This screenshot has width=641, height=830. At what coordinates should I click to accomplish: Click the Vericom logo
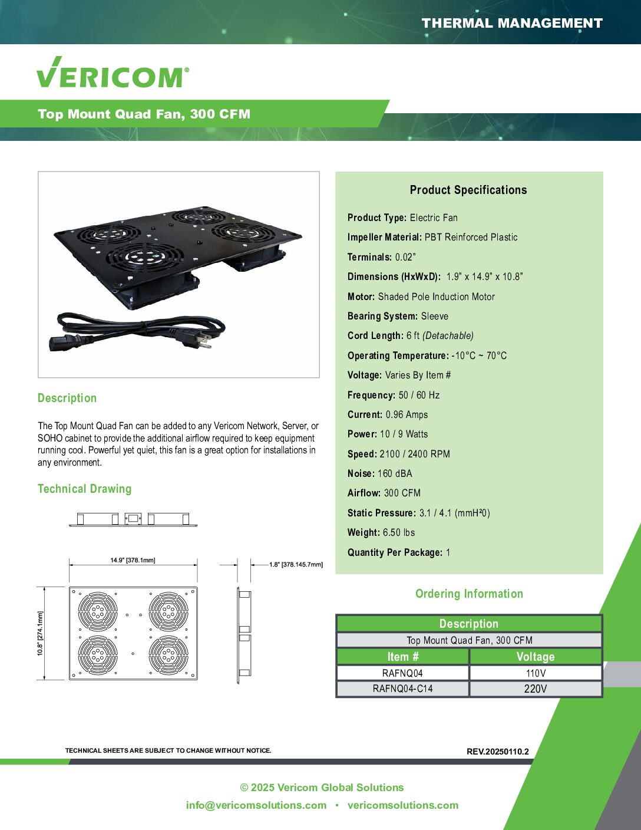[x=113, y=74]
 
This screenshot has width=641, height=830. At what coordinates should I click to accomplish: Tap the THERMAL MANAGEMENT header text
[x=512, y=24]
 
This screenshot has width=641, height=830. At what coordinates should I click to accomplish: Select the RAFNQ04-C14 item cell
[x=402, y=689]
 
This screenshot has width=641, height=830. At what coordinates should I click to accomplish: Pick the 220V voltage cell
[x=536, y=689]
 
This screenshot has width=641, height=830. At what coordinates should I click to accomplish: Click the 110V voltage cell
[x=536, y=673]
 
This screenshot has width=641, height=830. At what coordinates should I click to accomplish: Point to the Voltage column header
[x=536, y=657]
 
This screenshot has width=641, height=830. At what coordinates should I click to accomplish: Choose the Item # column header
[x=402, y=657]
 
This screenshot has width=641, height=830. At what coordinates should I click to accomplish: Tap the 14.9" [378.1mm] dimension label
[x=133, y=560]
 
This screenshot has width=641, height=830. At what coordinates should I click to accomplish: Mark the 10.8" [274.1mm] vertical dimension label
[x=41, y=633]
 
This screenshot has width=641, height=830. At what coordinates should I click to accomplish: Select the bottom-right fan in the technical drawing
[x=168, y=654]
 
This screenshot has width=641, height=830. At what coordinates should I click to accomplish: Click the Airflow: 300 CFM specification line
[x=384, y=493]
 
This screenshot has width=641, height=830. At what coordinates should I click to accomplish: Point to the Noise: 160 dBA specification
[x=380, y=473]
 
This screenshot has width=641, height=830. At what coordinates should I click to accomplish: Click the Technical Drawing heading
[x=84, y=489]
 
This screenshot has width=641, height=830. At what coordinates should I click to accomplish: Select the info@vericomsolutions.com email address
[x=256, y=805]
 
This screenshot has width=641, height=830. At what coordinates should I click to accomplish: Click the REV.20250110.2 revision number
[x=497, y=752]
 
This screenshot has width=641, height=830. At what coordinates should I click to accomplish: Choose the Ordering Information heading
[x=469, y=594]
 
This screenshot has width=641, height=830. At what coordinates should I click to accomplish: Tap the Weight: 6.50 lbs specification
[x=381, y=532]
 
